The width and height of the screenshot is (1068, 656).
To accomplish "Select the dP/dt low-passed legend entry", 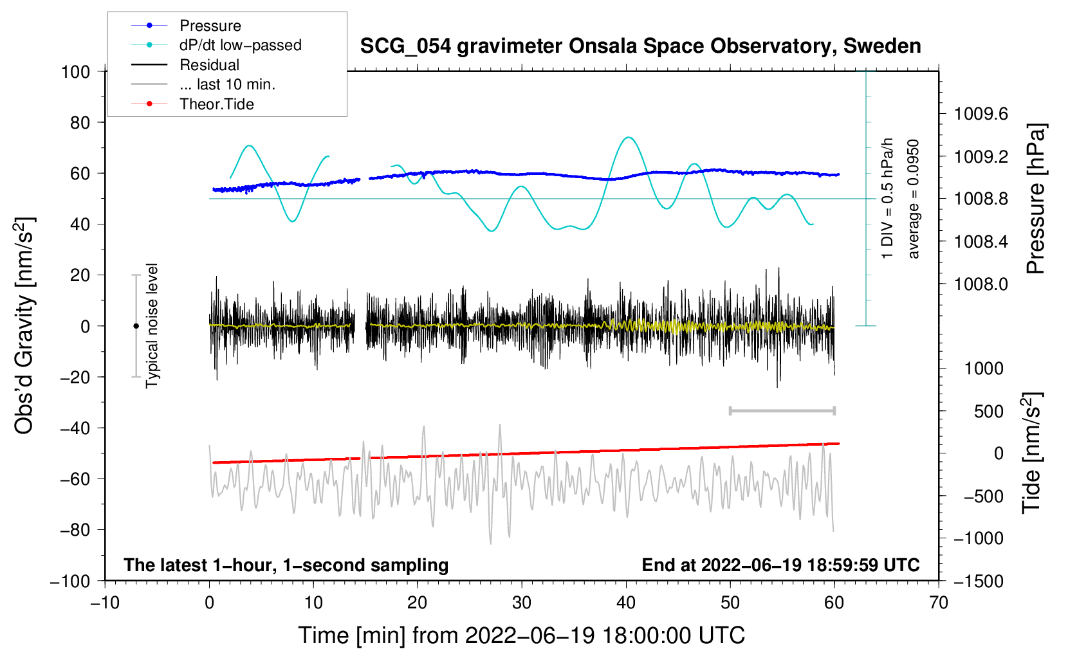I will click(240, 45).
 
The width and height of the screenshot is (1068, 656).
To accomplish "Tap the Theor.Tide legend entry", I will click(216, 104).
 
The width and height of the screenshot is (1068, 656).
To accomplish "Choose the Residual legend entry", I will click(209, 65).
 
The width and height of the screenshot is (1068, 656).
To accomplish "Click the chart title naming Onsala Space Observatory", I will click(640, 46).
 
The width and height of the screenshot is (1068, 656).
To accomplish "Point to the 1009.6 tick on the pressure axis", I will click(981, 114).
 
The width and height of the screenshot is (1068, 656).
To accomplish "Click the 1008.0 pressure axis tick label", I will click(981, 284).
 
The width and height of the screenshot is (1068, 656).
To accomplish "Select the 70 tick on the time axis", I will click(939, 603).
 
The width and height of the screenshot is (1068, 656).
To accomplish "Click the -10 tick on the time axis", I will click(105, 603).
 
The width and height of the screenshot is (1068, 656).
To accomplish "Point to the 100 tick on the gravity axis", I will click(75, 71).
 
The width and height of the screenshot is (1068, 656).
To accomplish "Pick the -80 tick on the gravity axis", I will click(75, 530).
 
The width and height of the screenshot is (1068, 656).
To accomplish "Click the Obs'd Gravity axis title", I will click(24, 326).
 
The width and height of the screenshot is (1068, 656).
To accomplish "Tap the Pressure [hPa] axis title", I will click(1035, 199).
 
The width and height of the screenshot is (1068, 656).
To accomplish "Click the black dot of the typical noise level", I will click(136, 326).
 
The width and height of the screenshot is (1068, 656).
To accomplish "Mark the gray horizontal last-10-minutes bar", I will click(782, 410).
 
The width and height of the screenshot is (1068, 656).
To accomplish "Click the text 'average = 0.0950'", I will click(914, 199).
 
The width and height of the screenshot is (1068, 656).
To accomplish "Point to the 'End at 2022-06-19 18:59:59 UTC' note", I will click(780, 565).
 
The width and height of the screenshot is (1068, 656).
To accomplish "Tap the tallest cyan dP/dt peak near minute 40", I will click(629, 137).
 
